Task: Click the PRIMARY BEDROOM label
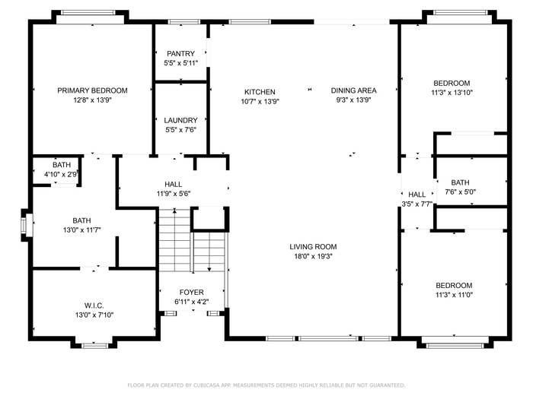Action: pyautogui.click(x=92, y=90)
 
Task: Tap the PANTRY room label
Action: pyautogui.click(x=180, y=54)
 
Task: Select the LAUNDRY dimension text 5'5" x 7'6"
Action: pyautogui.click(x=181, y=130)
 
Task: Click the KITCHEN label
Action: pyautogui.click(x=260, y=92)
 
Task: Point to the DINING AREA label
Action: pyautogui.click(x=353, y=90)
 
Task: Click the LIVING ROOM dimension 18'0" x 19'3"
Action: pyautogui.click(x=313, y=256)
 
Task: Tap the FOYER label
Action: pyautogui.click(x=191, y=292)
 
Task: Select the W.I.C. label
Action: pyautogui.click(x=94, y=306)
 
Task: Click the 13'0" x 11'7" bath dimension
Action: pyautogui.click(x=82, y=230)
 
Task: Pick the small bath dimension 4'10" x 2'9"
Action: pyautogui.click(x=61, y=174)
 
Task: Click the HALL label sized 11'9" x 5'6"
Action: pyautogui.click(x=173, y=184)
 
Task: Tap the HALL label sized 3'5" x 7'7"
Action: pyautogui.click(x=417, y=195)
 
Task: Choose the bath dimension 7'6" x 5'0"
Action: pyautogui.click(x=460, y=192)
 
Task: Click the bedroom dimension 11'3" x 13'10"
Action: pyautogui.click(x=452, y=93)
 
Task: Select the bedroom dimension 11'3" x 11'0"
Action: pyautogui.click(x=454, y=295)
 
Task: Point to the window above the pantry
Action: pyautogui.click(x=184, y=22)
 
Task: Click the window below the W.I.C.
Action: pyautogui.click(x=95, y=346)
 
